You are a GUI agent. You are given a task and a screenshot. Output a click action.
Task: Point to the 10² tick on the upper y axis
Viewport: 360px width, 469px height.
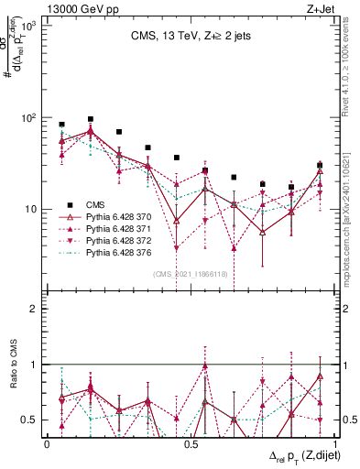33,118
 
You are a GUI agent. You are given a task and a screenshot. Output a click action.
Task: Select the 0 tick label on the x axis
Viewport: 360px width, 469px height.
47,444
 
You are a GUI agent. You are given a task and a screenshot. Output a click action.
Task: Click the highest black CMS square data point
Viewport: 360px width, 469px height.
91,119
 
